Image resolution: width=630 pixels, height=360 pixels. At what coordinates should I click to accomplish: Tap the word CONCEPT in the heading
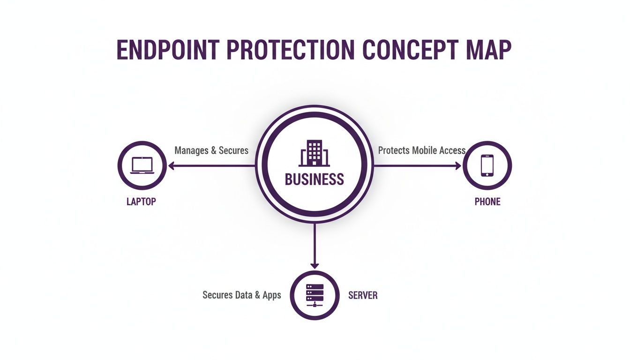408,50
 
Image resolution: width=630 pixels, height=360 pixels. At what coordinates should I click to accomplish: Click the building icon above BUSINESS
314,153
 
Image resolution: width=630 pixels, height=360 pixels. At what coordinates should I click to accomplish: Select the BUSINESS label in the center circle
314,179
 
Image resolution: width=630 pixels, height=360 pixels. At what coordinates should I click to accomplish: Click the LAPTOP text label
141,202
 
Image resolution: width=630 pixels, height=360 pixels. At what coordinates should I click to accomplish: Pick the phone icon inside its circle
487,165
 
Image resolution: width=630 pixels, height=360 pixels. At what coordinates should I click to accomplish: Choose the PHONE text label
487,202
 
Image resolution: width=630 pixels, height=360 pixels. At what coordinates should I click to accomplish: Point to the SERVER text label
363,295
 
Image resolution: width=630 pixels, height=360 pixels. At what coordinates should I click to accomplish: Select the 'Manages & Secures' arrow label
211,150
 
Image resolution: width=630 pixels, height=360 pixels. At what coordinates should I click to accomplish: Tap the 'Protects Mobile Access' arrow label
421,150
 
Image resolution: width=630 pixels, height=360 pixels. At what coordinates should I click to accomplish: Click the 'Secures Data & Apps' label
241,295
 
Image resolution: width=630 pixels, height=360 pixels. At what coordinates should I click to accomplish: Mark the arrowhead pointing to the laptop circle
172,165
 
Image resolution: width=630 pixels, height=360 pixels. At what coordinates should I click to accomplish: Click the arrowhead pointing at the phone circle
458,165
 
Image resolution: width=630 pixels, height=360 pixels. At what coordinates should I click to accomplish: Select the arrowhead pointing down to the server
315,265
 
